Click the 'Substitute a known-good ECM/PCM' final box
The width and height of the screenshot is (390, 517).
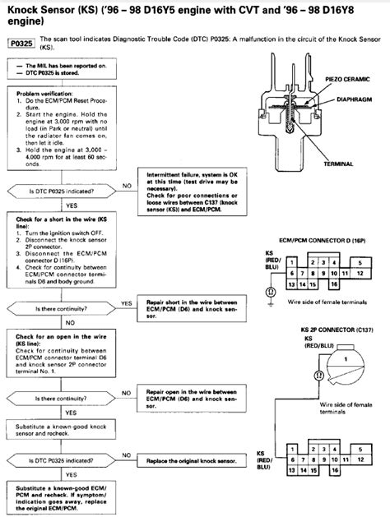coord(62,496)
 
